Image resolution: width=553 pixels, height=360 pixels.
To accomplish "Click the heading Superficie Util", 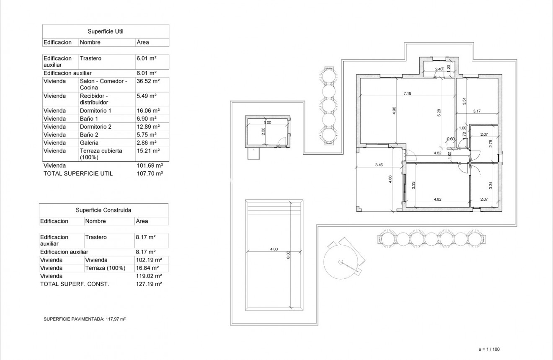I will click(x=105, y=31).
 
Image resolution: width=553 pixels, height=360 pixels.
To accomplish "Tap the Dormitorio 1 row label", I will click(x=96, y=111).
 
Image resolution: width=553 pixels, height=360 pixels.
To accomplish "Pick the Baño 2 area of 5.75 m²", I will click(x=146, y=135).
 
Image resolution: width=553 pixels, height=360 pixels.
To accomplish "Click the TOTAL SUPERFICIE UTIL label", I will click(x=78, y=174).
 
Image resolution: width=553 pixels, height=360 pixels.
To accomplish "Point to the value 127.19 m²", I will click(x=150, y=284).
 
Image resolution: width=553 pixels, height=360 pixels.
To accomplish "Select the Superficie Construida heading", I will click(x=103, y=210).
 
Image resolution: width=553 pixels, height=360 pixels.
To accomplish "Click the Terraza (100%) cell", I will click(x=105, y=268).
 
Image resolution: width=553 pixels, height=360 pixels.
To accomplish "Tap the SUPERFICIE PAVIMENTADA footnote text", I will click(x=85, y=319).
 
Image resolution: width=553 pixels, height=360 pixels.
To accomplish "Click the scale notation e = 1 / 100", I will click(x=489, y=350).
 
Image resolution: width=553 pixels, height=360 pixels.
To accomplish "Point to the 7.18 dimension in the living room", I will click(x=407, y=93).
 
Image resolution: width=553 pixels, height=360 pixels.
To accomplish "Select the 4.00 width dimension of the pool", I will click(x=274, y=249).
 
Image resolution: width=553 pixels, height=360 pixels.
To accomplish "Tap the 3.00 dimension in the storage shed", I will click(x=267, y=123).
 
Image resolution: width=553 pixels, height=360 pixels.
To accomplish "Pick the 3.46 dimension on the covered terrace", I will click(x=379, y=165).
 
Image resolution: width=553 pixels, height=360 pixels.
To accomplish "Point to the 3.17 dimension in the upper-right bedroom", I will click(x=477, y=111).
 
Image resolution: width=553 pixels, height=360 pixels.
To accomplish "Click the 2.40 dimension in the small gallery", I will click(x=439, y=69).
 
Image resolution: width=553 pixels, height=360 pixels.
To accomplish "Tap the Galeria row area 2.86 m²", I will click(x=146, y=143).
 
